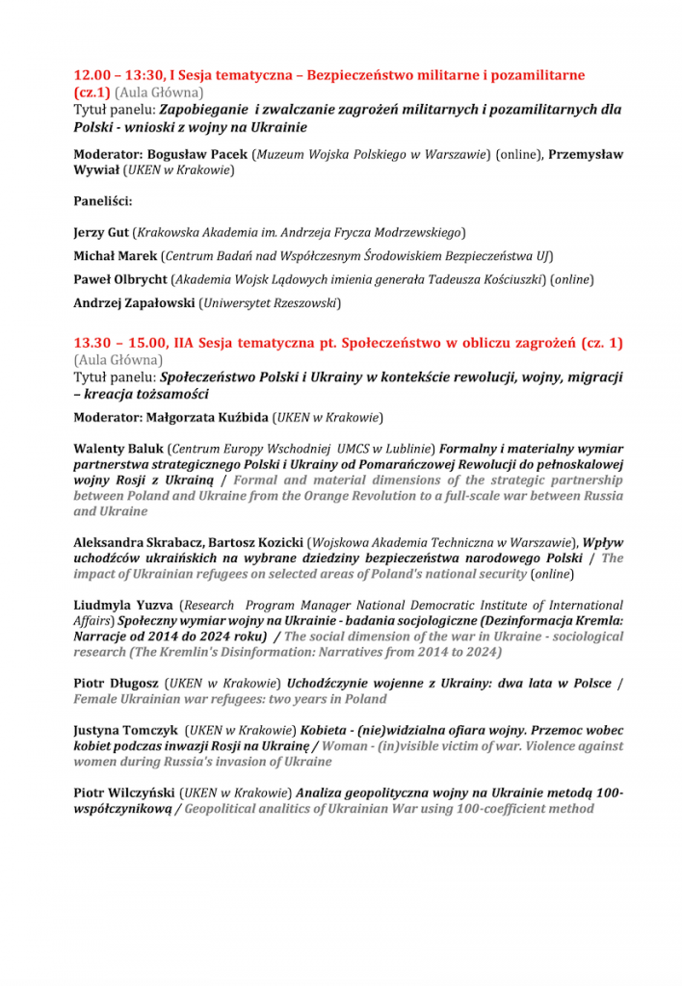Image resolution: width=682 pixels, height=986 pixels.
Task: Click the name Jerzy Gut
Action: pyautogui.click(x=102, y=232)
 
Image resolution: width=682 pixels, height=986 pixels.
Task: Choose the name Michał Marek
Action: pyautogui.click(x=116, y=255)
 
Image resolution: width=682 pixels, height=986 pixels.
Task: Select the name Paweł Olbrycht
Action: pyautogui.click(x=119, y=279)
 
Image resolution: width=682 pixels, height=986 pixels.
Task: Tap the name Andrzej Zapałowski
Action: pyautogui.click(x=134, y=302)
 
